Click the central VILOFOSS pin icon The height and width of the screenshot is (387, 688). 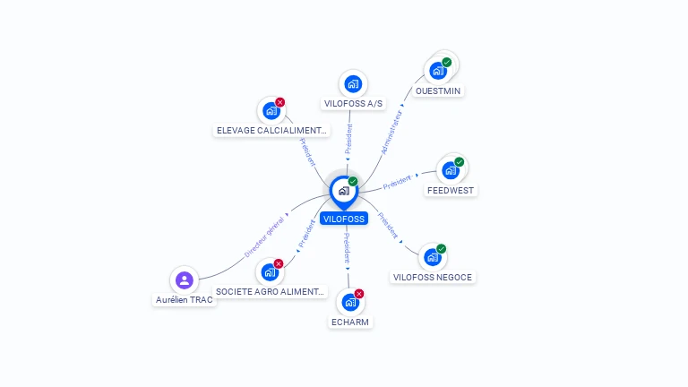pyautogui.click(x=344, y=192)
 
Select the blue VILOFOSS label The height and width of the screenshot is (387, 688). pyautogui.click(x=344, y=219)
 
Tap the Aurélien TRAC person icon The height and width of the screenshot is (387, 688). pyautogui.click(x=185, y=279)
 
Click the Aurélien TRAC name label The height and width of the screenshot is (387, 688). pyautogui.click(x=185, y=300)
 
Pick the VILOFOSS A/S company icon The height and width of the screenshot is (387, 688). pyautogui.click(x=353, y=84)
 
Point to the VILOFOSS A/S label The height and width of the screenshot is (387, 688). pyautogui.click(x=353, y=104)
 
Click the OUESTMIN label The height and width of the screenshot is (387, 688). pyautogui.click(x=438, y=90)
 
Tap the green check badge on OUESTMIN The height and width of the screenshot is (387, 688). pyautogui.click(x=447, y=63)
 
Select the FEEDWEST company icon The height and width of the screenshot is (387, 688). pyautogui.click(x=451, y=170)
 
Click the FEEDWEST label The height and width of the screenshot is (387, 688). pyautogui.click(x=451, y=191)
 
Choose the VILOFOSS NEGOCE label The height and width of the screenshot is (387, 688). pyautogui.click(x=433, y=278)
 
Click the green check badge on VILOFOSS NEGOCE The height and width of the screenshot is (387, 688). pyautogui.click(x=441, y=249)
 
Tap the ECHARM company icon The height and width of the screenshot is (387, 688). pyautogui.click(x=350, y=302)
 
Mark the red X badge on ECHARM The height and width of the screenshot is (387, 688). pyautogui.click(x=359, y=294)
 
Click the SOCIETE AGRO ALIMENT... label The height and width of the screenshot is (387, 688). pyautogui.click(x=270, y=292)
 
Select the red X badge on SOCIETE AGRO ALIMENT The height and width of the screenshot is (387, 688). pyautogui.click(x=279, y=263)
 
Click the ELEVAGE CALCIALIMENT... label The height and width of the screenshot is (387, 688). pyautogui.click(x=271, y=130)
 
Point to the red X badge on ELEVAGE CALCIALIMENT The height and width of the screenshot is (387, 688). pyautogui.click(x=279, y=102)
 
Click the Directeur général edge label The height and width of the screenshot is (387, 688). pyautogui.click(x=264, y=237)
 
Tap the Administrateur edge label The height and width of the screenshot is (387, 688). pyautogui.click(x=391, y=133)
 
